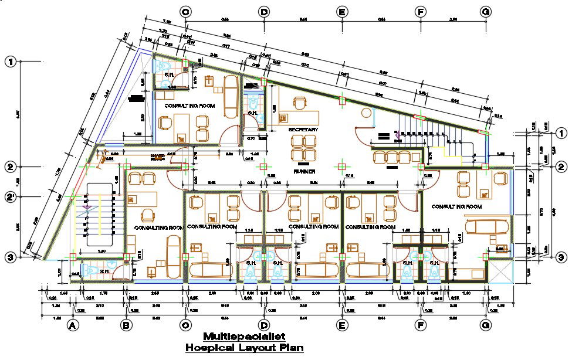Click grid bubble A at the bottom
(73, 325)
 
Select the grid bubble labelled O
(186, 325)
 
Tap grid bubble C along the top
(186, 12)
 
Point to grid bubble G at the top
(485, 12)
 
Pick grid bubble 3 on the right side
(561, 257)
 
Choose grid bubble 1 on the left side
(10, 62)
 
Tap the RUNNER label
(304, 172)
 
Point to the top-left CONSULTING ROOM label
(189, 106)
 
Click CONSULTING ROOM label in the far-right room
(456, 207)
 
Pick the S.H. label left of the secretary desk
(253, 113)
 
